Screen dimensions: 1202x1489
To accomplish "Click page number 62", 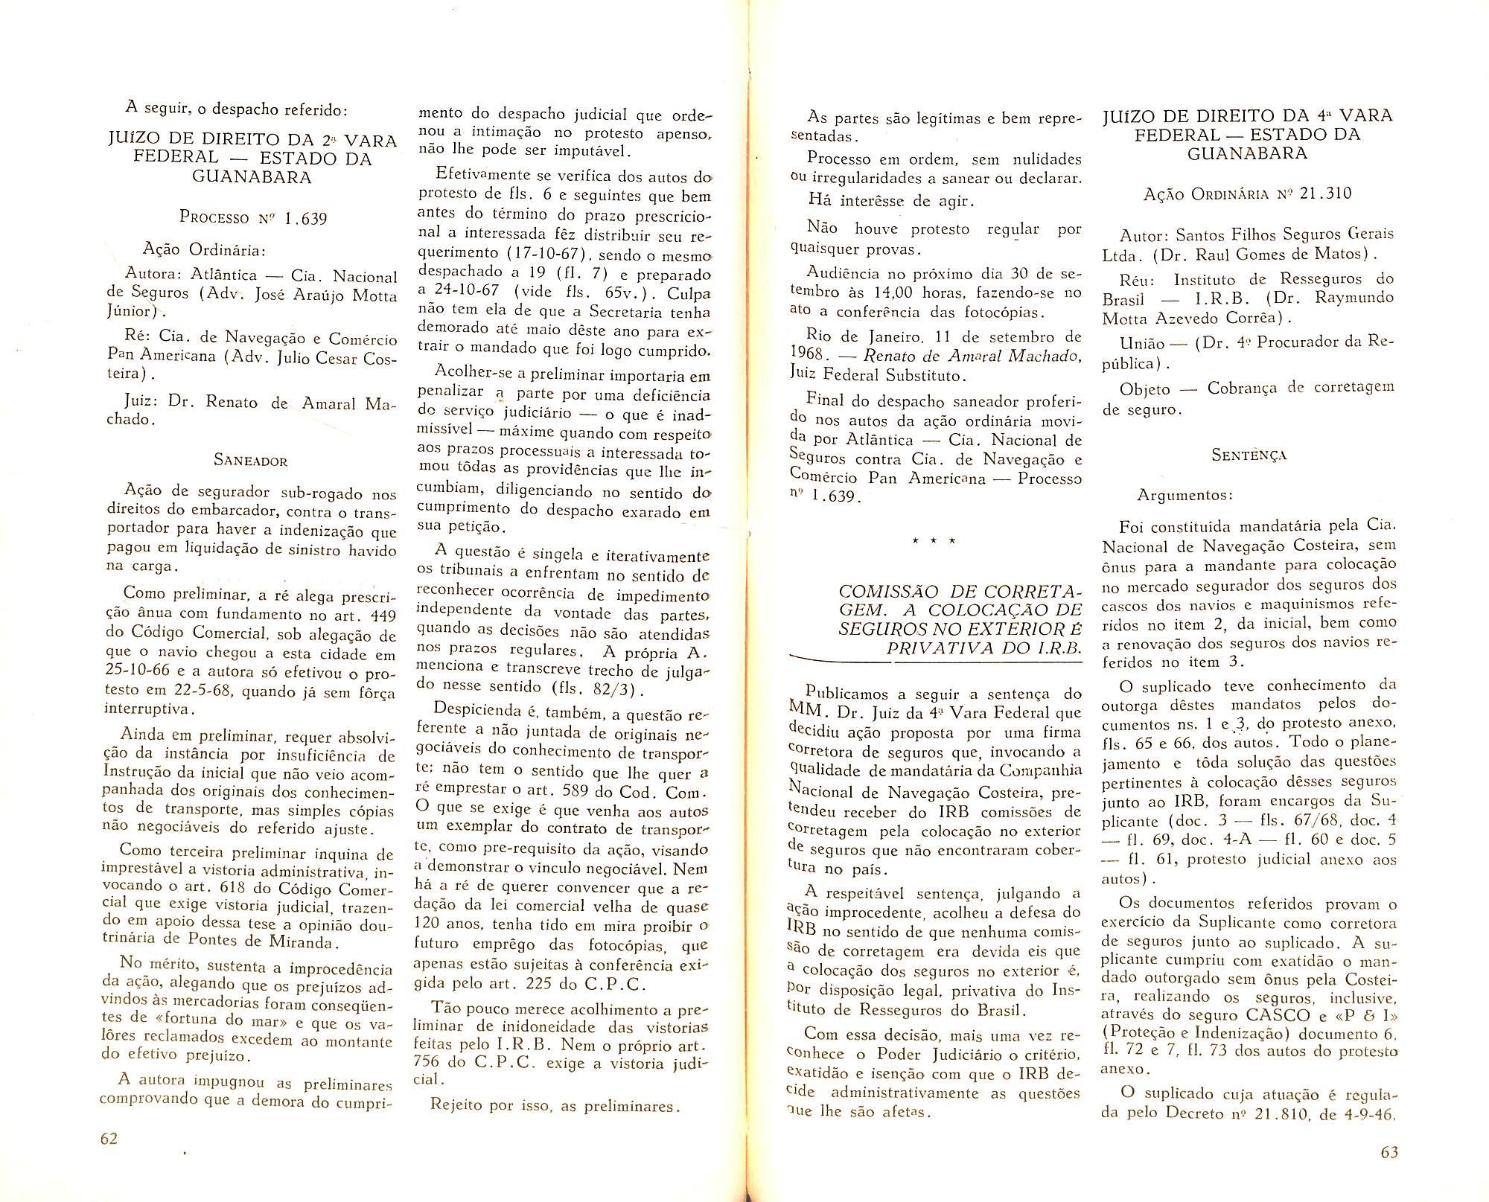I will pos(109,1139).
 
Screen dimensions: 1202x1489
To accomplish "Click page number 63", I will pos(1389,1152).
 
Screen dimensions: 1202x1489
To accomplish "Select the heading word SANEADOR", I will pos(250,460).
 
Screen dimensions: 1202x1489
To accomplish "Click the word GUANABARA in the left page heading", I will pos(251,177).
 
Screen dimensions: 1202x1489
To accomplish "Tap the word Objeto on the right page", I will pos(1144,389).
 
